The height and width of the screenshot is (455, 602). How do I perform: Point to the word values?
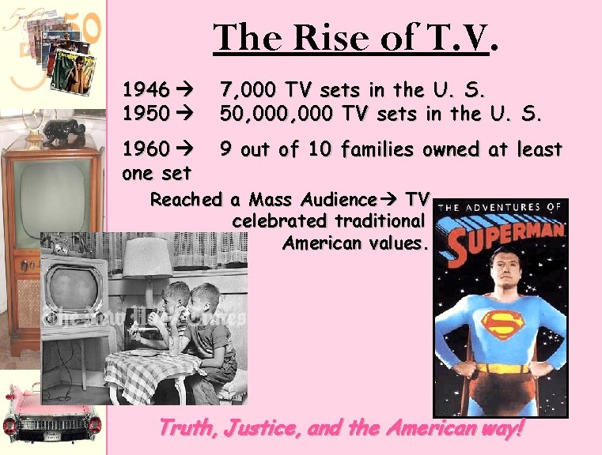pyautogui.click(x=396, y=243)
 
